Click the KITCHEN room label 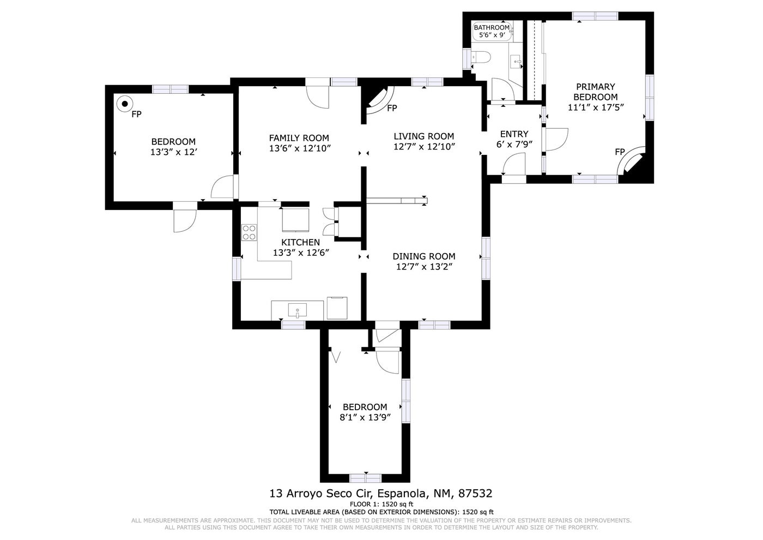pos(300,242)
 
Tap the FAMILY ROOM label pos(299,138)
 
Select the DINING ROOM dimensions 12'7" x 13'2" pos(424,267)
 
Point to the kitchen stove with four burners pos(249,232)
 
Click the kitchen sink pos(298,310)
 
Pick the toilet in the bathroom pos(481,57)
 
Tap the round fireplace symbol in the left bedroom pos(125,103)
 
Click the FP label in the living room pos(392,109)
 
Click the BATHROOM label pos(492,28)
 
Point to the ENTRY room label pos(514,134)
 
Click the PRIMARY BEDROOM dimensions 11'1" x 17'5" pos(596,107)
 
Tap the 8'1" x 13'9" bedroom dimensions pos(365,417)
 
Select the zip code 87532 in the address pos(475,494)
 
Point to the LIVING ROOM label pos(424,136)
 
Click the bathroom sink pos(517,62)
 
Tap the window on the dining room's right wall pos(486,258)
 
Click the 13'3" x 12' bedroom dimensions pos(174,152)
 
